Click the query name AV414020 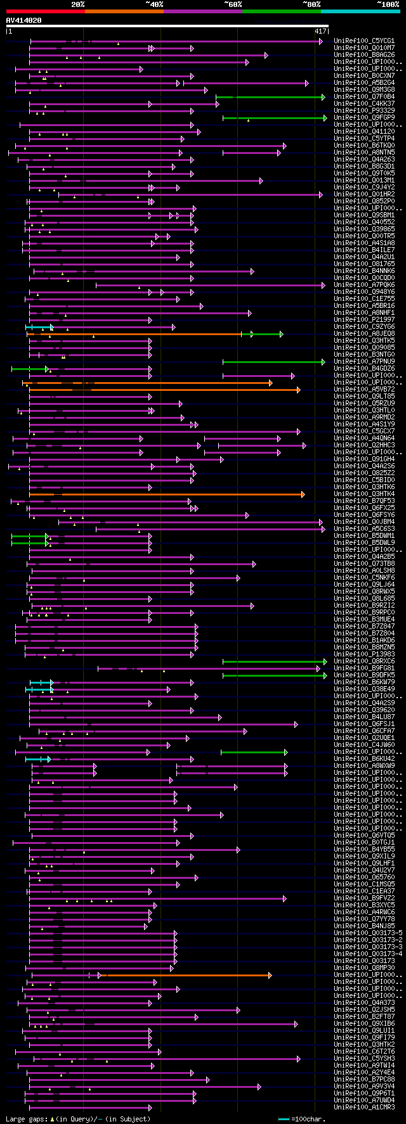click(x=24, y=20)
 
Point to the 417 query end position click(x=320, y=31)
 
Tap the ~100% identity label click(x=388, y=4)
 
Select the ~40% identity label click(x=154, y=4)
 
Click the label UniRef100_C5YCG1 click(x=364, y=41)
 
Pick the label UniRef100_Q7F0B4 click(x=364, y=97)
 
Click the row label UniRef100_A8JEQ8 click(x=364, y=334)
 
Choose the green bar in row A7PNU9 click(x=273, y=362)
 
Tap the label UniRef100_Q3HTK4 click(x=364, y=494)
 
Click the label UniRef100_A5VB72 click(x=364, y=390)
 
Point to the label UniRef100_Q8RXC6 click(x=364, y=661)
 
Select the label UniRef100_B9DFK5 click(x=364, y=675)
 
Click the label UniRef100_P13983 click(x=364, y=655)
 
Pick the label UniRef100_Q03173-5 click(x=368, y=933)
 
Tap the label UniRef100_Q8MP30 click(x=364, y=968)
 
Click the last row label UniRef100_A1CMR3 click(x=364, y=1108)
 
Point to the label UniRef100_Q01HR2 click(x=364, y=195)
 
